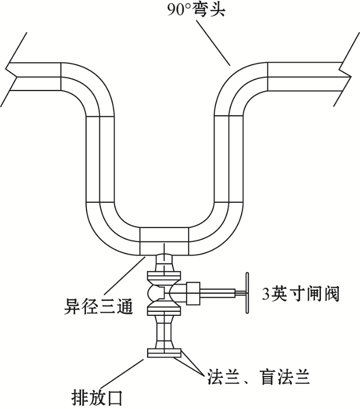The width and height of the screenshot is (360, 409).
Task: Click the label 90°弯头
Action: point(196,10)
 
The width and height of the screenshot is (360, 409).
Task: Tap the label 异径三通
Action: point(99,307)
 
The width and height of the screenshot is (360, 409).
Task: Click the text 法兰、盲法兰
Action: point(259,377)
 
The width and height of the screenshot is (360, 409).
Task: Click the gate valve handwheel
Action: point(247,293)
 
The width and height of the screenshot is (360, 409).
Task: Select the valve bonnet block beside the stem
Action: point(193,293)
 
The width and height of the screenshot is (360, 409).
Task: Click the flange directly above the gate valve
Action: point(164,276)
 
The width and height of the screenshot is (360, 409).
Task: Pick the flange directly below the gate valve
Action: point(164,310)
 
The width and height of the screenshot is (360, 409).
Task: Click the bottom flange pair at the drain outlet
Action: point(164,352)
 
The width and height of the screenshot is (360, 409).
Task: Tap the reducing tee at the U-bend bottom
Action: point(164,241)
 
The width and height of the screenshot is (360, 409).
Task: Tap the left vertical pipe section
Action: point(100,158)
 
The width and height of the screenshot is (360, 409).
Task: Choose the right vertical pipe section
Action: point(229,158)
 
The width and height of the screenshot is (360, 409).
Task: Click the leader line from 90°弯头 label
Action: point(213,43)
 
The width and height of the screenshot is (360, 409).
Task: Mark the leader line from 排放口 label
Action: point(122,375)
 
